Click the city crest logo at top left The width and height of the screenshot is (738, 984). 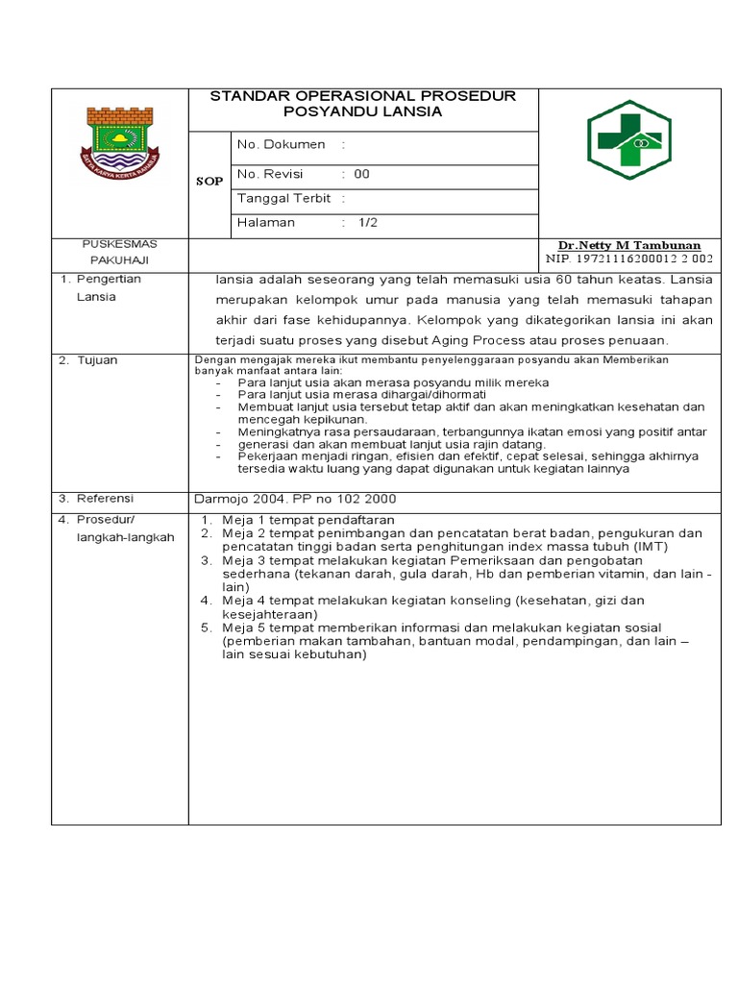pos(120,138)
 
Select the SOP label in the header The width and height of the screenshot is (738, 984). pos(209,182)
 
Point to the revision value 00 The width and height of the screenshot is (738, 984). pos(361,175)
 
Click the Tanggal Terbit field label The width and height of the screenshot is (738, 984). pos(283,199)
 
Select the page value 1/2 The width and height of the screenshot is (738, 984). pos(369,223)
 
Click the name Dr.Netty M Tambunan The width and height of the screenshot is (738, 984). pos(629,246)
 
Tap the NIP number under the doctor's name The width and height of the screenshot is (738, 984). pos(629,258)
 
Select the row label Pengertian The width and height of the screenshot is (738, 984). pos(109,280)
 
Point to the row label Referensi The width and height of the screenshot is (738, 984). pos(105,499)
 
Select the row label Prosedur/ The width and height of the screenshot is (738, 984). pos(108,520)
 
